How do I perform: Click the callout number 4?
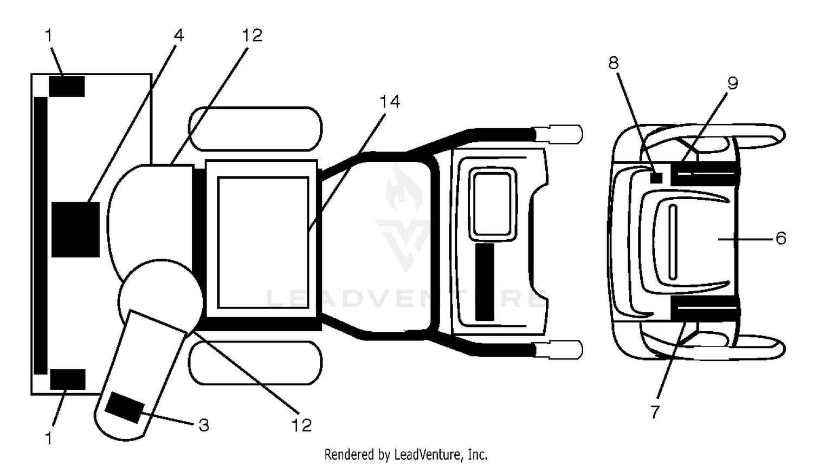click(179, 36)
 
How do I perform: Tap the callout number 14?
click(390, 101)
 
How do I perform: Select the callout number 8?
click(614, 63)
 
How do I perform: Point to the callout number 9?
click(733, 83)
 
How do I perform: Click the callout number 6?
click(780, 239)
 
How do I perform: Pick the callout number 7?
click(655, 412)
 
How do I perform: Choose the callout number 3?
click(204, 425)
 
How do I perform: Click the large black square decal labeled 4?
click(75, 229)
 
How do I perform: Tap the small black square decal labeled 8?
click(656, 178)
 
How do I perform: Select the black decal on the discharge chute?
click(125, 408)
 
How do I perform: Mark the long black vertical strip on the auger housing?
click(41, 235)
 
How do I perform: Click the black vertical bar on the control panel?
click(485, 282)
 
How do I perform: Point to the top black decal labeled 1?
click(67, 86)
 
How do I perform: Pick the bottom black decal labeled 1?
click(68, 380)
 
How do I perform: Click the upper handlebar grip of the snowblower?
click(558, 134)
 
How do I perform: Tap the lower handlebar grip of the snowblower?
click(558, 350)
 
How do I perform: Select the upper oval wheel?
click(255, 129)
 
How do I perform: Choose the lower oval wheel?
click(255, 363)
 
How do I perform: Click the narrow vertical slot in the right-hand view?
click(673, 242)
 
